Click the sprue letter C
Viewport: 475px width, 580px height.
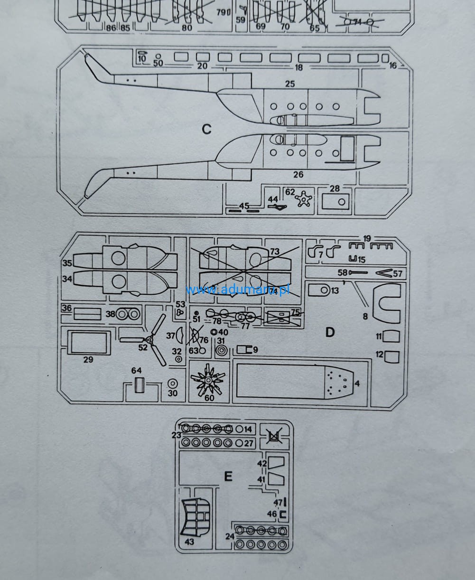[206, 129]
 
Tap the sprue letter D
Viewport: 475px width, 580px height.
[330, 332]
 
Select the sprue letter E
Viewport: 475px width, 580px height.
[228, 476]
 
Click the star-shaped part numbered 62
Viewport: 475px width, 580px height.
[304, 198]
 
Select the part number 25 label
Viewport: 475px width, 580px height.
[290, 84]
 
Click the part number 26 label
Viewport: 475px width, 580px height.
[298, 175]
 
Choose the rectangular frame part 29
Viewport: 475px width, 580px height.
[89, 342]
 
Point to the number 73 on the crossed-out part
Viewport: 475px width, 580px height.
[275, 252]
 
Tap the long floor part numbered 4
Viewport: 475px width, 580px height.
[294, 381]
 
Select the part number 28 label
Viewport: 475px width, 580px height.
[335, 188]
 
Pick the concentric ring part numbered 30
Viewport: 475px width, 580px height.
[173, 384]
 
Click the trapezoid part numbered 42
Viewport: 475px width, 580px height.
[276, 462]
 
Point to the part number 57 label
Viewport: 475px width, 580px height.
[398, 273]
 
